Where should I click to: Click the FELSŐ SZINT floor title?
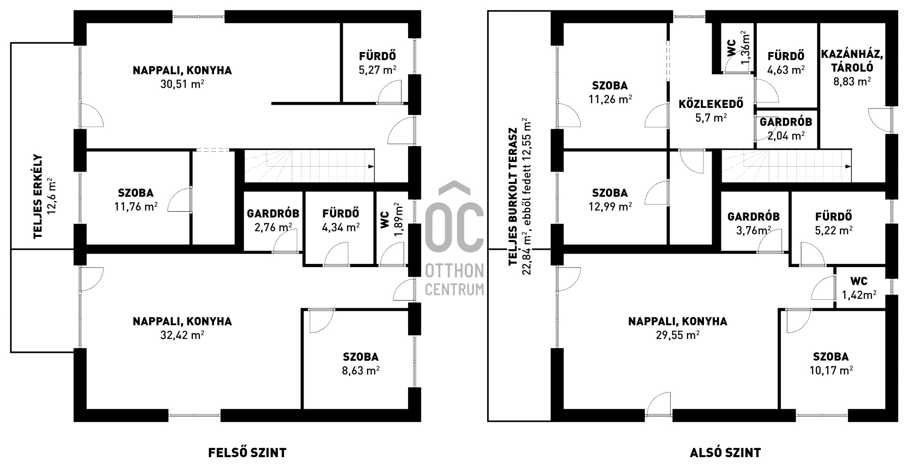[247, 452]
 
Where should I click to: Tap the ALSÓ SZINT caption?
[725, 452]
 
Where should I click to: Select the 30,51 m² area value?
[182, 84]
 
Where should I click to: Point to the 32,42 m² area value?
[182, 335]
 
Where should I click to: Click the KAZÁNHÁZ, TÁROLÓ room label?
[852, 61]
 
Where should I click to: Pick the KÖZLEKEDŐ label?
[711, 104]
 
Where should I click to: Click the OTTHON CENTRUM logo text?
[454, 280]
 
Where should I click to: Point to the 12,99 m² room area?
[610, 207]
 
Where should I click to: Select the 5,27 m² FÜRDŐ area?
[377, 70]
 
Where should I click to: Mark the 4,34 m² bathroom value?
[340, 227]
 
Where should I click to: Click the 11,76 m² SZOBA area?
[135, 207]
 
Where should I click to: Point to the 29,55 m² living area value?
[677, 335]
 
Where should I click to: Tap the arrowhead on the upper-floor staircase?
[371, 166]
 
